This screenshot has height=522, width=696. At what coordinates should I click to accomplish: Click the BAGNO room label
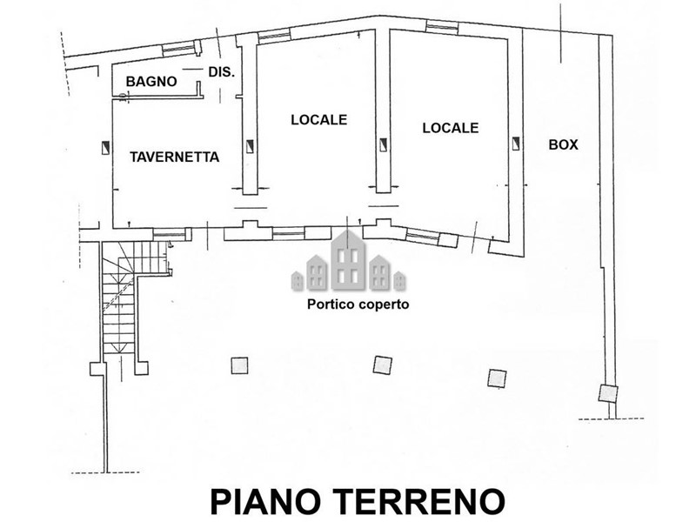tap(151, 82)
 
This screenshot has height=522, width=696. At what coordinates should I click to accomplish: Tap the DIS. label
tap(222, 72)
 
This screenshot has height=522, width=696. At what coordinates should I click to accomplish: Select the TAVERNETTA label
tap(175, 157)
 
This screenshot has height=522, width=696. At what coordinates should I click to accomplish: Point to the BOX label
tap(563, 144)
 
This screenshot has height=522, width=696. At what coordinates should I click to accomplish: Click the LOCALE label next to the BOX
tap(451, 128)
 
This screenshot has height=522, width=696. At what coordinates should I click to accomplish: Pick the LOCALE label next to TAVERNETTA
tap(318, 119)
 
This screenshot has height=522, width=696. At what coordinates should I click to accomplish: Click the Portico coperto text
tap(358, 304)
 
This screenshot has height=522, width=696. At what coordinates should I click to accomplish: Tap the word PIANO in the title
tap(265, 502)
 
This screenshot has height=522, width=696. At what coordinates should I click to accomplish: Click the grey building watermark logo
tap(349, 261)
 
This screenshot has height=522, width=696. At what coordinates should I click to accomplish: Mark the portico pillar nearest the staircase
tap(239, 365)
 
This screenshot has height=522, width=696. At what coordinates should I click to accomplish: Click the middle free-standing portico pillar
tap(382, 365)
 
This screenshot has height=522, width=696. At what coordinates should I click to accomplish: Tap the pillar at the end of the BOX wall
tap(607, 394)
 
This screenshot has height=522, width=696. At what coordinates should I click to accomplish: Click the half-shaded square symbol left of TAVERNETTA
tap(105, 148)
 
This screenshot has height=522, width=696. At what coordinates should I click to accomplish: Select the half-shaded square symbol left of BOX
tap(516, 144)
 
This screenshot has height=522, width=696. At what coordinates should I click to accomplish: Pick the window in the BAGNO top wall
tap(178, 49)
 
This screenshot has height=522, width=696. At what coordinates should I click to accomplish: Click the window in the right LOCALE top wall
tap(442, 26)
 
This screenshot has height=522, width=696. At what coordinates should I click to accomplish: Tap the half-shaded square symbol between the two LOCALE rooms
tap(383, 144)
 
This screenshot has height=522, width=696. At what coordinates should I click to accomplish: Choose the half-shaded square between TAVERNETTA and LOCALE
tap(250, 145)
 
